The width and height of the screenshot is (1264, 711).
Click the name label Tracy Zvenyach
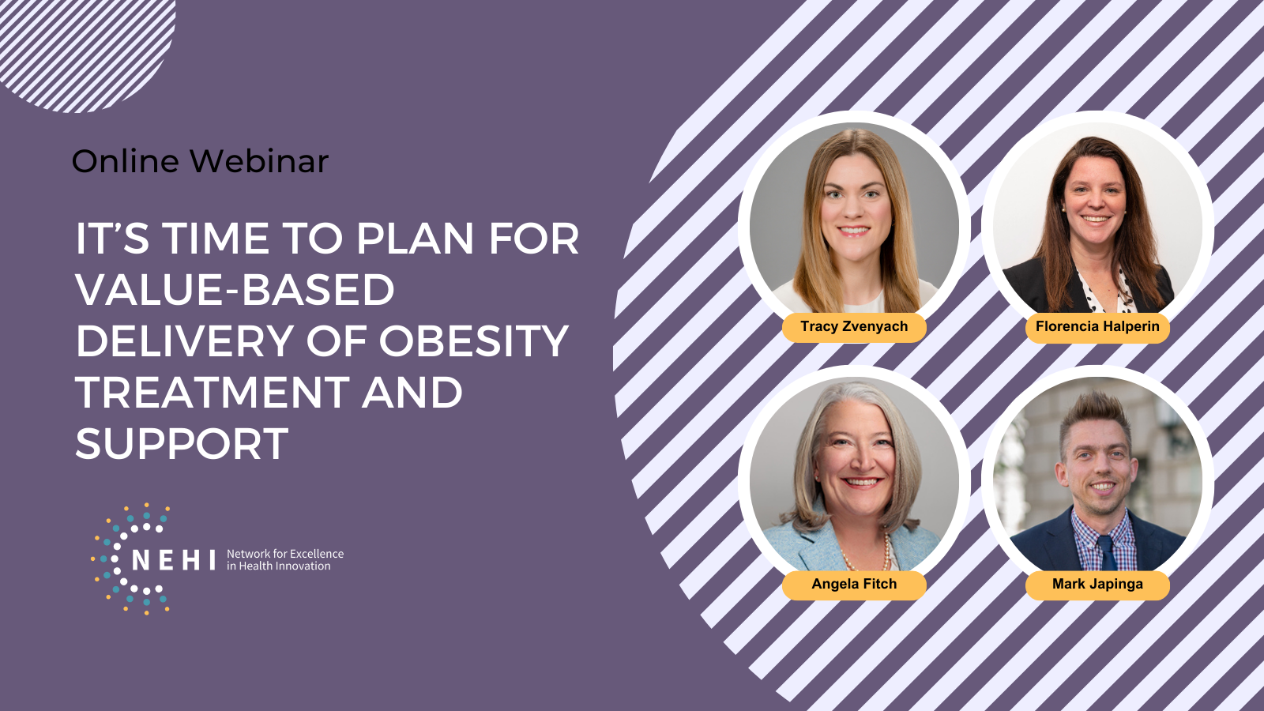(x=854, y=327)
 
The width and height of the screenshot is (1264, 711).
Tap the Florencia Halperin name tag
(x=1097, y=327)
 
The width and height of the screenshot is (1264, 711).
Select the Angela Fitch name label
(x=854, y=585)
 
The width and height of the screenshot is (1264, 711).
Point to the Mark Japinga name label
(x=1097, y=585)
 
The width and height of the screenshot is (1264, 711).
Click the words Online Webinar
(x=201, y=161)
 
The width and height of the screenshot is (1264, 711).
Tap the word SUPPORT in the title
(x=182, y=443)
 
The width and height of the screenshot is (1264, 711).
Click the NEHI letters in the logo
(x=173, y=560)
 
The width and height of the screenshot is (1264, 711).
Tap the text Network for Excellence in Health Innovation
(x=285, y=560)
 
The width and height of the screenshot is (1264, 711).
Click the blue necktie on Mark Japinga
(x=1107, y=553)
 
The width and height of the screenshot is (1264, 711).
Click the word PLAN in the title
(x=415, y=239)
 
